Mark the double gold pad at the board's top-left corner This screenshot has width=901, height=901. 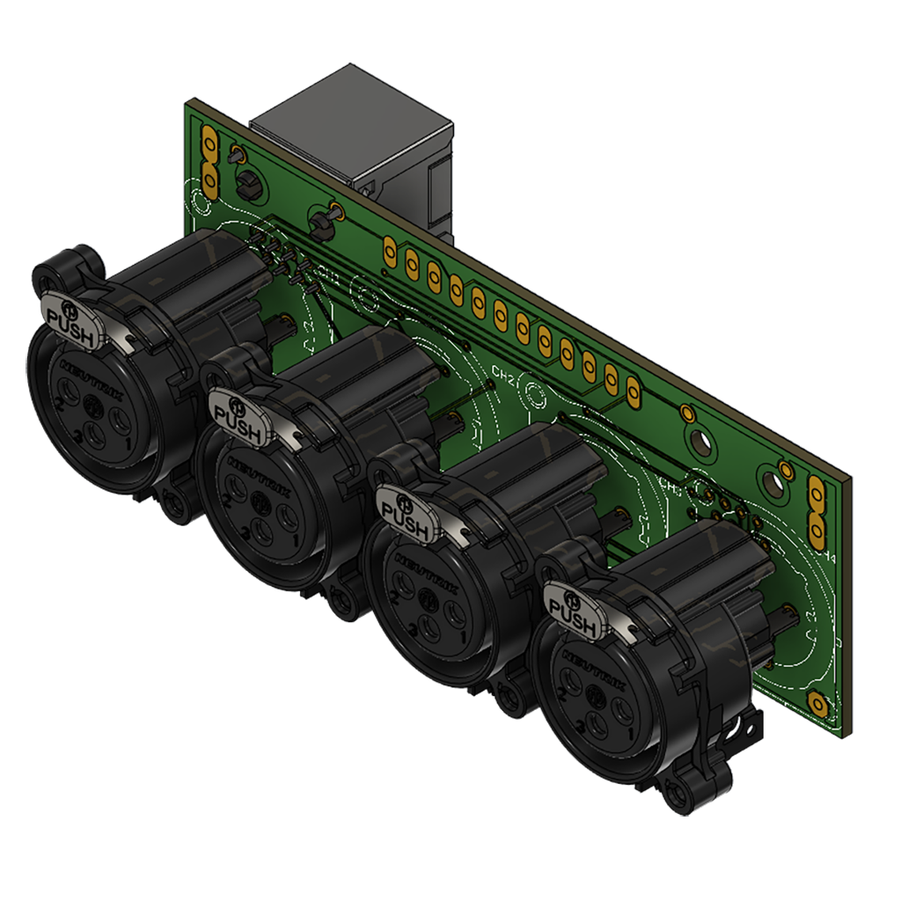click(x=209, y=161)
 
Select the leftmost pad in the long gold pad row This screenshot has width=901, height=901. click(x=389, y=253)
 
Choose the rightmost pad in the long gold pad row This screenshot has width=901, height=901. click(x=632, y=390)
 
